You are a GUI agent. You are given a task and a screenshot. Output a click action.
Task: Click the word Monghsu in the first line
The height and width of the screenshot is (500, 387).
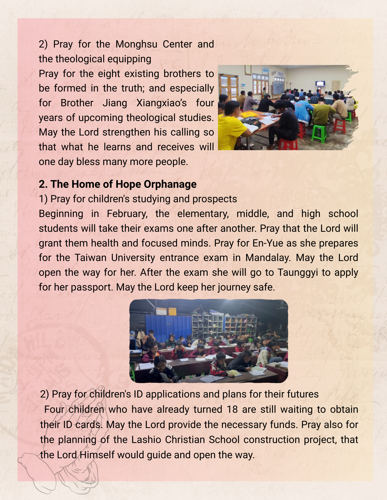[136, 44]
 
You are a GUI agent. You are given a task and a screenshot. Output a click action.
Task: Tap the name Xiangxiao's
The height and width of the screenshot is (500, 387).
[161, 103]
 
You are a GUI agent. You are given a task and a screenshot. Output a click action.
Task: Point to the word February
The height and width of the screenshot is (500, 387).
[127, 214]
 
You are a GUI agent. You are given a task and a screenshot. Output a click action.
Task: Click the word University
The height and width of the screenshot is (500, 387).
[133, 258]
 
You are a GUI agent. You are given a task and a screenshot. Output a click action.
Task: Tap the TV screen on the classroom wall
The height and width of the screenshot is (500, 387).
[320, 83]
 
